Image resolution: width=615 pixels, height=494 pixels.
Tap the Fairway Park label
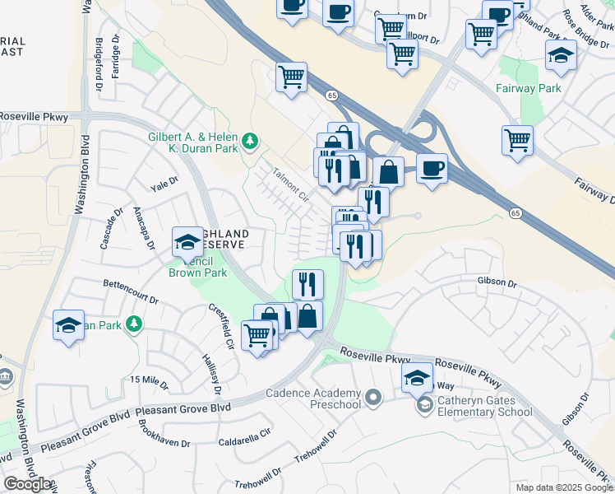click(528, 88)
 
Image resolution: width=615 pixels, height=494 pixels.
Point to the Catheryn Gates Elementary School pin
click(425, 405)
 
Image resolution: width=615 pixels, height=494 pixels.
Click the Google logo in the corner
click(27, 484)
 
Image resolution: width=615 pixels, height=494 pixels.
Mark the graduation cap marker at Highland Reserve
click(187, 241)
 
